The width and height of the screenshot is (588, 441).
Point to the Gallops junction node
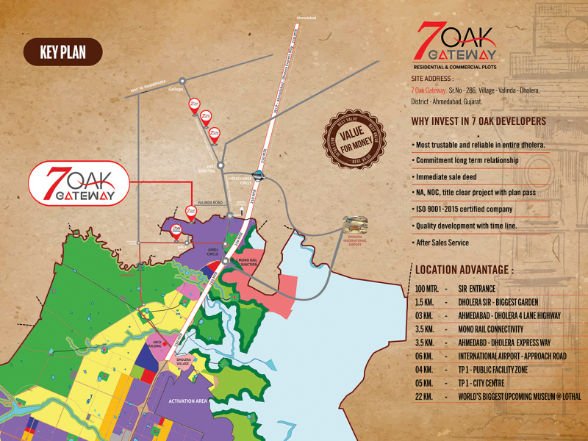(x=182, y=80)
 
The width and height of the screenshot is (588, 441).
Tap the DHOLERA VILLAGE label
(x=184, y=362)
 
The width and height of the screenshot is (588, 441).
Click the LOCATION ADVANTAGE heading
(x=465, y=270)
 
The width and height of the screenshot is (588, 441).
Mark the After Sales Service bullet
(x=442, y=243)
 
